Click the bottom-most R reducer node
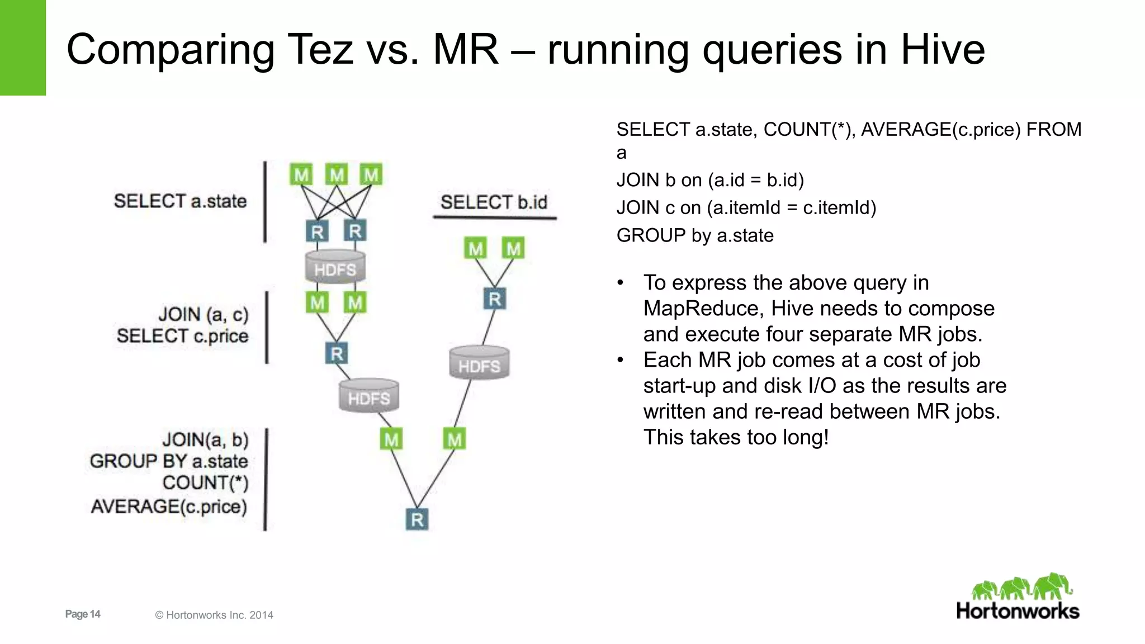tap(417, 519)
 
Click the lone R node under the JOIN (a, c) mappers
tap(337, 353)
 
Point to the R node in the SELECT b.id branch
tap(495, 299)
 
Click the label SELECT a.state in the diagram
tap(180, 201)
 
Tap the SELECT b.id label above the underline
tap(494, 202)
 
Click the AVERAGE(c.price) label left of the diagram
tap(169, 506)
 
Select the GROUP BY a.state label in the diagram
tap(169, 461)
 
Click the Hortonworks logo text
tap(1018, 611)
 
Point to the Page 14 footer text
tap(83, 614)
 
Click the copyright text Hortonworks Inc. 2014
tap(214, 615)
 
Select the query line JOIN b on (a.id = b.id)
tap(710, 180)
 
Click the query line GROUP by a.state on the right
tap(695, 235)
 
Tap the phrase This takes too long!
tap(736, 437)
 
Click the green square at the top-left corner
tap(22, 48)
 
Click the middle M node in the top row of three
tap(337, 175)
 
